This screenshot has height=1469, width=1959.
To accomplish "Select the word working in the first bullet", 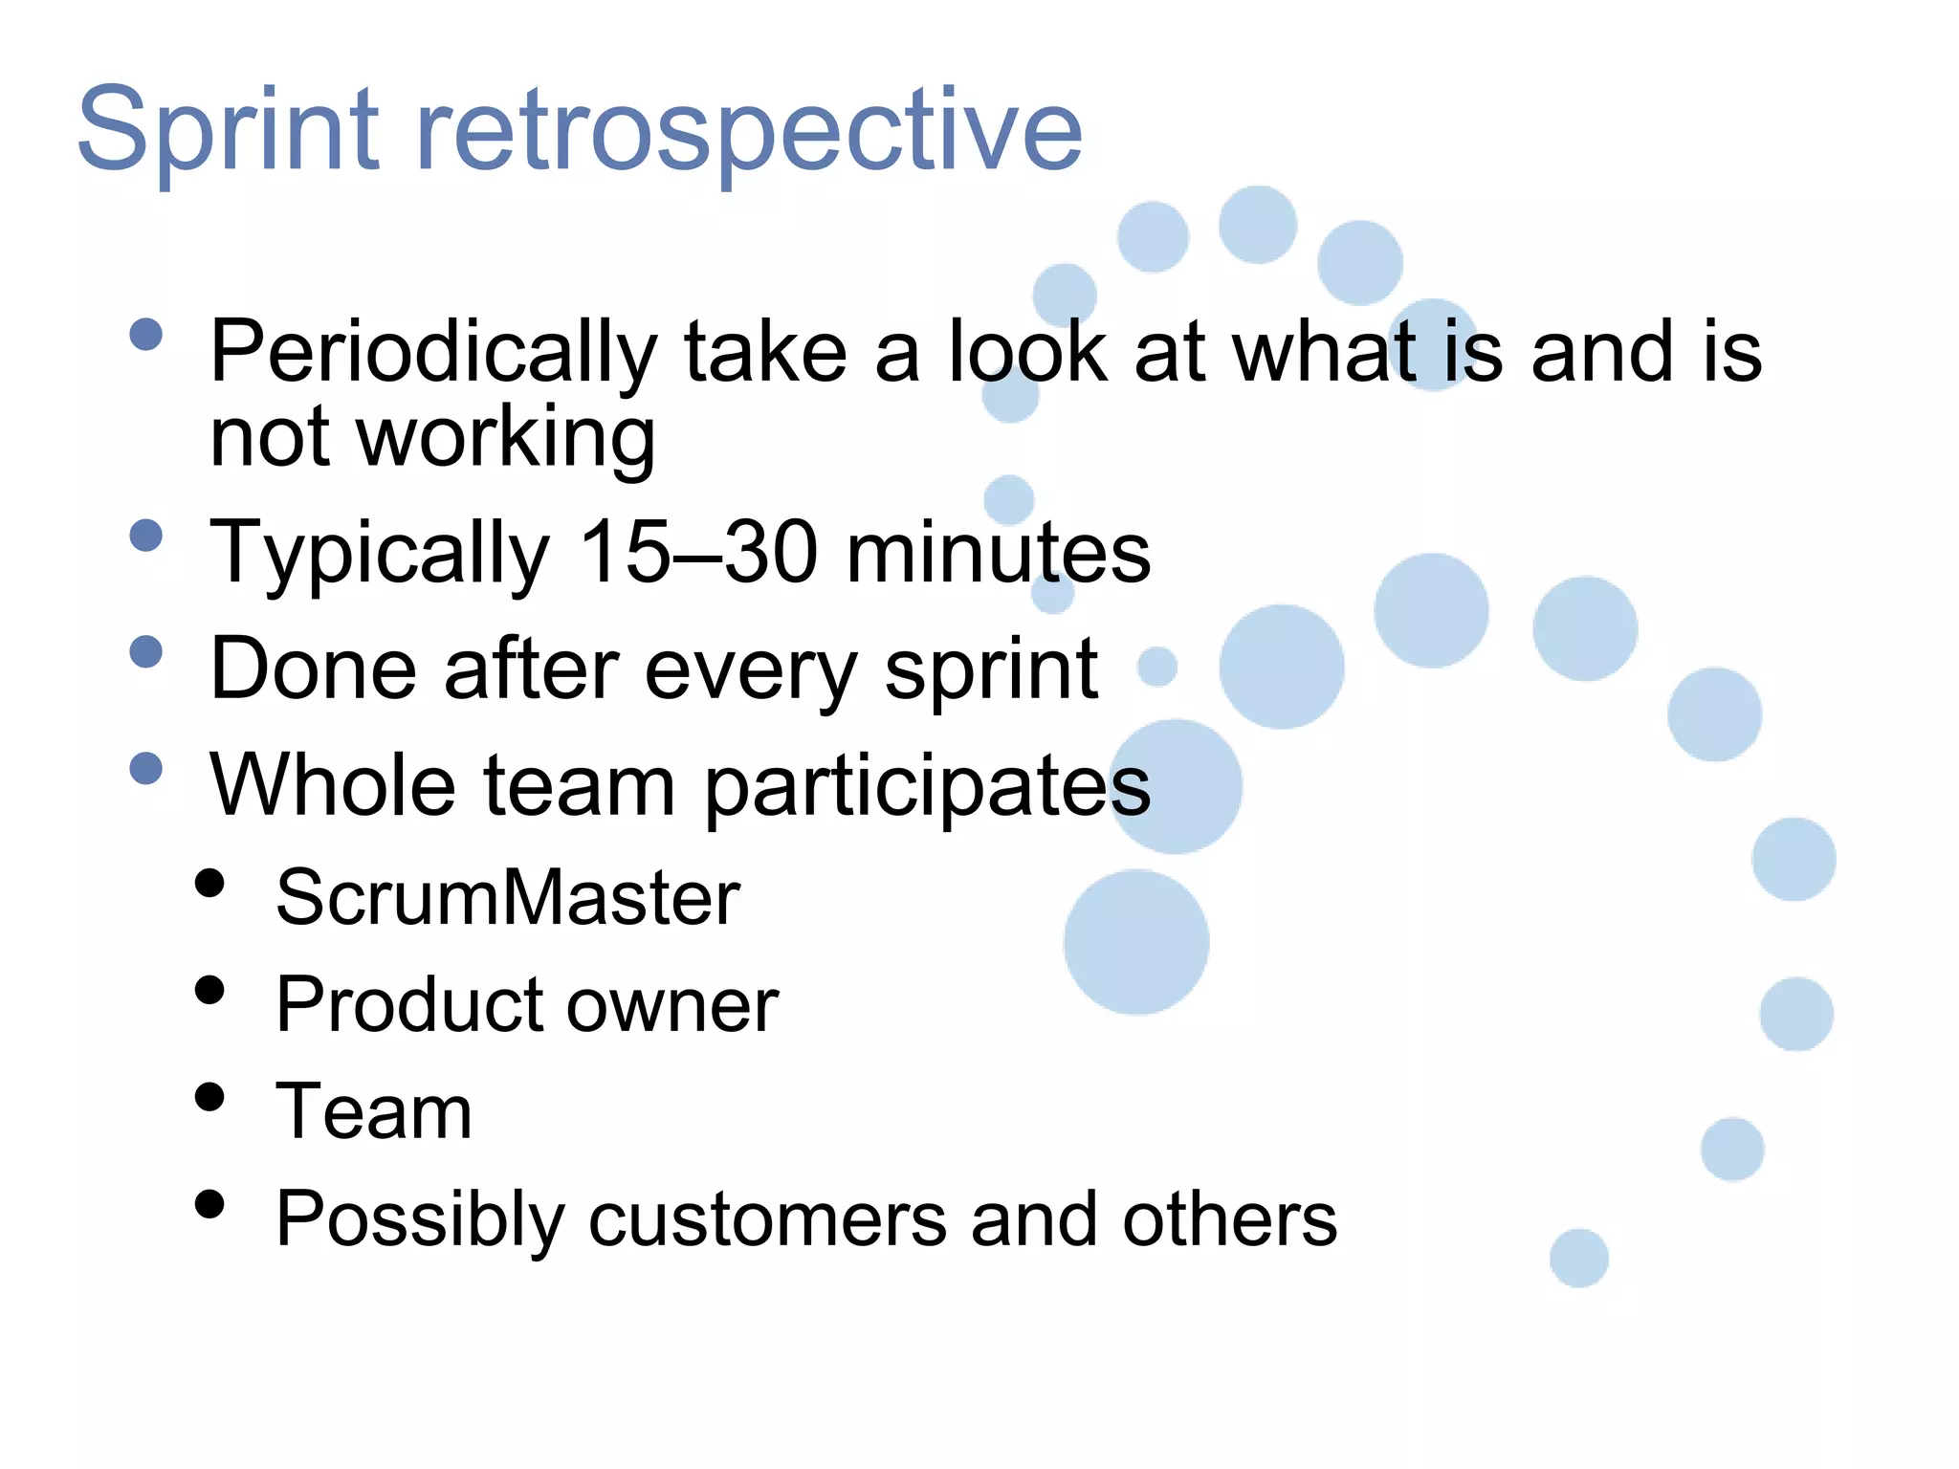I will pos(506,438).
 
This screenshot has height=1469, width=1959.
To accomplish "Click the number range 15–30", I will pos(699,552).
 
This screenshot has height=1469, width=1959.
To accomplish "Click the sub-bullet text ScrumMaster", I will pos(508,897).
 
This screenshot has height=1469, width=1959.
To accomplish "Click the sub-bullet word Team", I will pos(374,1112).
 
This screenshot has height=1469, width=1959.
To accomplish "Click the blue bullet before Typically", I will pos(146,536).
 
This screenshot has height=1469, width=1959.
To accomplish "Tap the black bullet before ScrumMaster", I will pos(209,883).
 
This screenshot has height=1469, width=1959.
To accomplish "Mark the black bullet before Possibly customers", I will pos(209,1204).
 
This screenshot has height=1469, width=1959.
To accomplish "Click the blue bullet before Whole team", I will pos(146,768).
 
